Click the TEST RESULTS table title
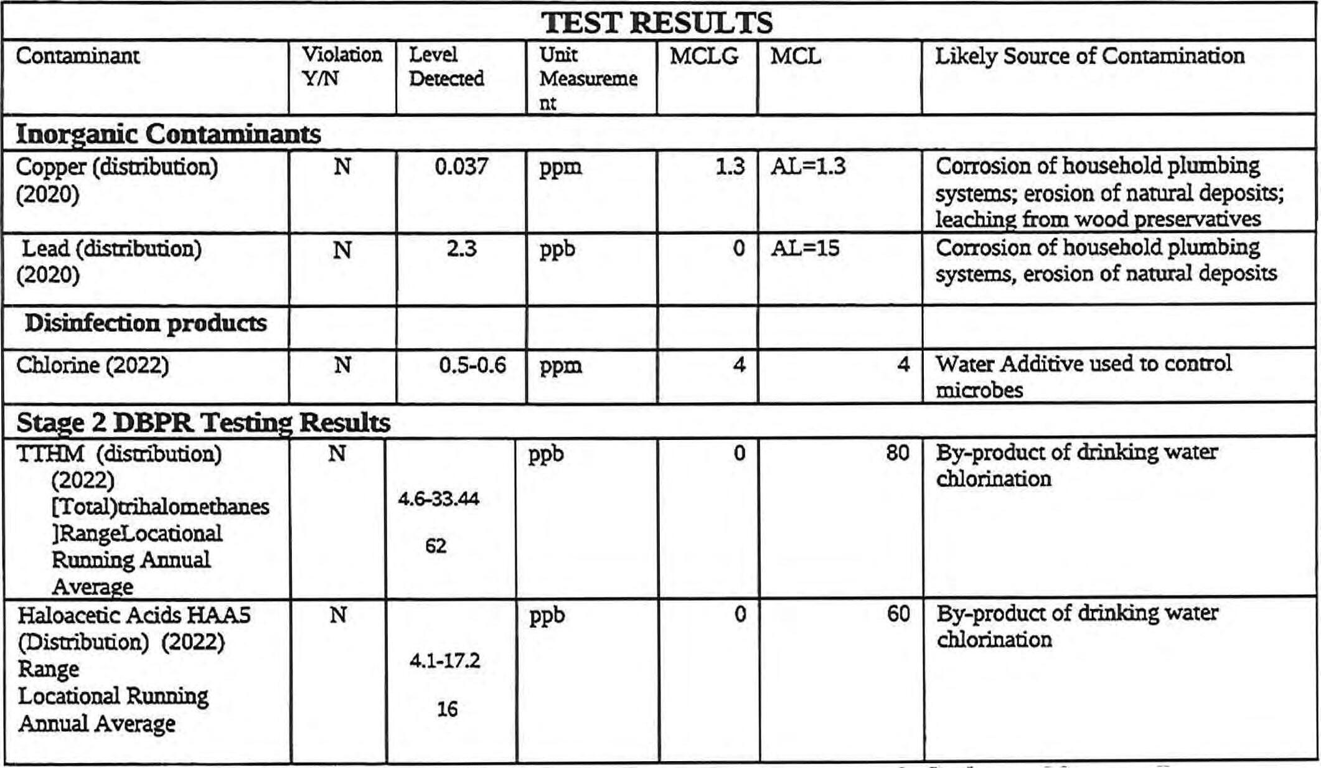(x=657, y=22)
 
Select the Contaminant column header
(x=77, y=56)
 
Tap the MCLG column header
(x=704, y=57)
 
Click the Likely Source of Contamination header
(x=1089, y=56)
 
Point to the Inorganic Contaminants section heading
(x=168, y=134)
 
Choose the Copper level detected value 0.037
(x=461, y=167)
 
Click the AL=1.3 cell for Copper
(x=808, y=167)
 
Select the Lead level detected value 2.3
(x=461, y=249)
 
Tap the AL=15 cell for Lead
(x=805, y=249)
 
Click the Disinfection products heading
(x=146, y=324)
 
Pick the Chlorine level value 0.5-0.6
(x=472, y=365)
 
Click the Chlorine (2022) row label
(x=92, y=365)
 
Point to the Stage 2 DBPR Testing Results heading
(x=203, y=423)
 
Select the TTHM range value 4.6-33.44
(x=439, y=499)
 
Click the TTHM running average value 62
(x=436, y=546)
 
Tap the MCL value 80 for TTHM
(x=898, y=453)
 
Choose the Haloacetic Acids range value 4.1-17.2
(x=445, y=661)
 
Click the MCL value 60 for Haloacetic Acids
(x=898, y=615)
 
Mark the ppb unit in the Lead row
(x=557, y=249)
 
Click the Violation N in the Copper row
(x=342, y=167)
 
